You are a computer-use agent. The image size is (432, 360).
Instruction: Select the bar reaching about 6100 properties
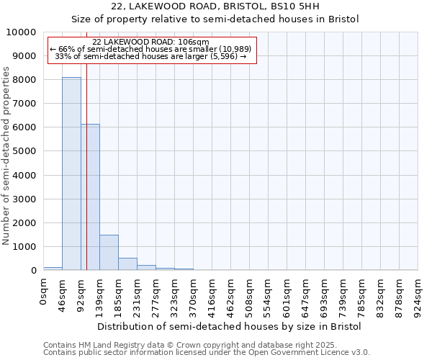coord(90,197)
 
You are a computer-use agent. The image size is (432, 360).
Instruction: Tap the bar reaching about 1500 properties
coord(109,252)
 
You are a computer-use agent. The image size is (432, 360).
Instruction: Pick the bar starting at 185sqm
coord(127,264)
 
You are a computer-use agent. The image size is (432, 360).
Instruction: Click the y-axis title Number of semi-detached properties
coord(7,156)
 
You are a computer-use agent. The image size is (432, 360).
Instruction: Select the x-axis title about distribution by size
coord(229,326)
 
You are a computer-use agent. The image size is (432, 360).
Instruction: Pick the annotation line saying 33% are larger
coord(152,55)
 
